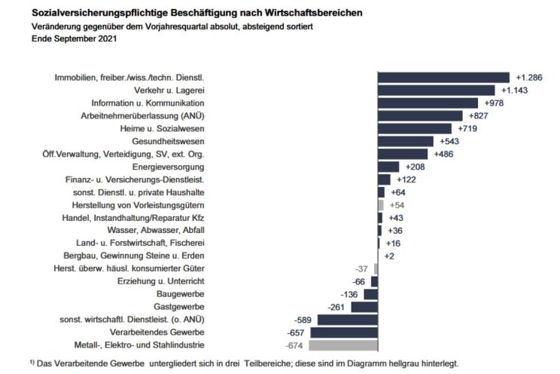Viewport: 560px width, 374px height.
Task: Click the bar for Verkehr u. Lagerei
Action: tap(436, 90)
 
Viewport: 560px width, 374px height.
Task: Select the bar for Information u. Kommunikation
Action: tap(428, 103)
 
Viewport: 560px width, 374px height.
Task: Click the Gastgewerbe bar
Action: tap(365, 307)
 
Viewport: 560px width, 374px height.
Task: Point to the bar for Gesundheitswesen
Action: tap(405, 141)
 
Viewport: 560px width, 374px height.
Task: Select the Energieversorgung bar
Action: tap(388, 166)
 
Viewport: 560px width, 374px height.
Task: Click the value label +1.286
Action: tap(530, 77)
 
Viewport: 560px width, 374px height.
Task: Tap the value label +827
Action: tap(479, 115)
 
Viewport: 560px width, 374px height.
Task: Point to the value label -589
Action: tap(299, 320)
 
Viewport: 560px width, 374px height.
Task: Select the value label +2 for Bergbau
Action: tap(388, 256)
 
